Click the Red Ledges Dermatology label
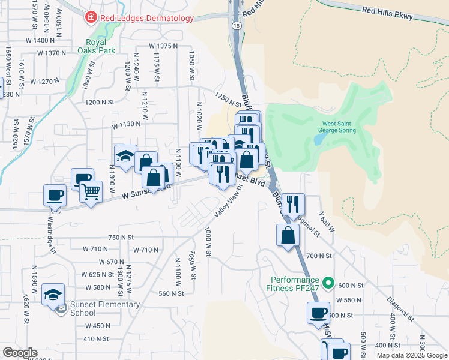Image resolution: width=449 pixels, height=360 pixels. pyautogui.click(x=147, y=18)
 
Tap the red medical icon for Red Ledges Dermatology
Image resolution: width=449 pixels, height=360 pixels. pyautogui.click(x=91, y=18)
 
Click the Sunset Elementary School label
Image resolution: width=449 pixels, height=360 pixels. pyautogui.click(x=105, y=308)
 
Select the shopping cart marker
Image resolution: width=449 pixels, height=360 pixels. pyautogui.click(x=91, y=192)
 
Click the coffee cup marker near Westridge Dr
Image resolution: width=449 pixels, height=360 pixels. pyautogui.click(x=55, y=196)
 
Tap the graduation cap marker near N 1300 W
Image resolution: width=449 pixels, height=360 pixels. pyautogui.click(x=125, y=157)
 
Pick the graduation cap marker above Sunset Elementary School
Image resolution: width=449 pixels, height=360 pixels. pyautogui.click(x=53, y=295)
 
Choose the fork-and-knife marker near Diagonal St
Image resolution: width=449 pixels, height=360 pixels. pyautogui.click(x=294, y=204)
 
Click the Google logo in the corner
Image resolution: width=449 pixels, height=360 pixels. pyautogui.click(x=20, y=353)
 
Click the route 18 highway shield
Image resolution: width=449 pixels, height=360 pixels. pyautogui.click(x=237, y=26)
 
